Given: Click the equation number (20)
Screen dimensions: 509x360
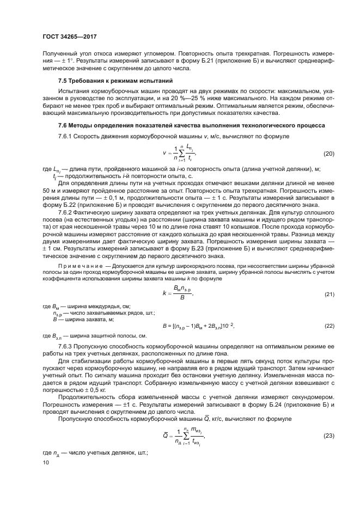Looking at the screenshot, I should [328, 154].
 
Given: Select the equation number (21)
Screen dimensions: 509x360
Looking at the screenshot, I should [328, 295].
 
